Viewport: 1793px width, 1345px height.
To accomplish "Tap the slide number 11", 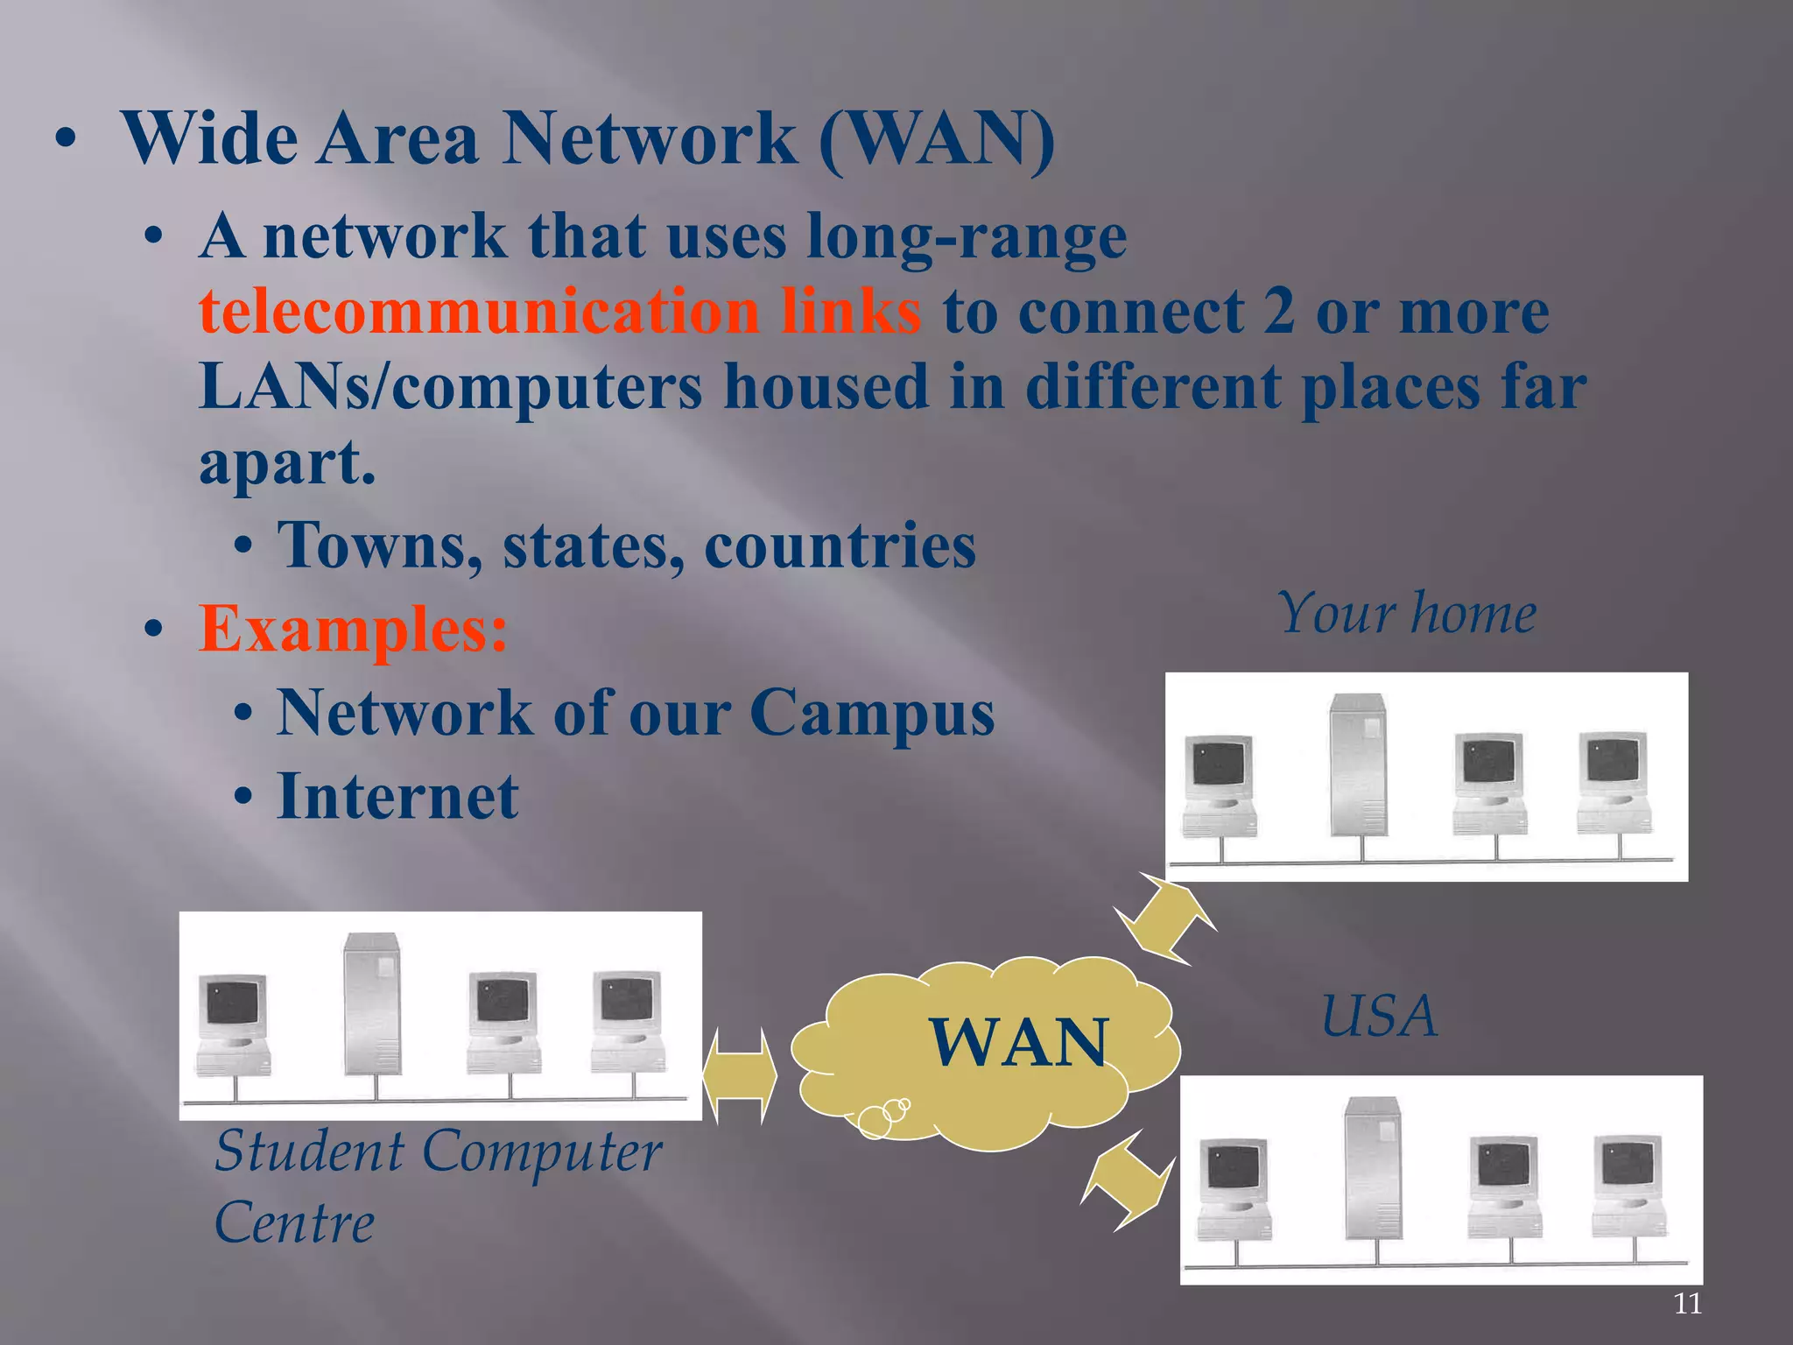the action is tap(1687, 1304).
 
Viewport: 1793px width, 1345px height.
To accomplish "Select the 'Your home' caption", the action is tap(1407, 613).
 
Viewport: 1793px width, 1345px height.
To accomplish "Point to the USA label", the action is tap(1379, 1017).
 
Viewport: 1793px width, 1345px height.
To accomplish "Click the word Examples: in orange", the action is tap(353, 629).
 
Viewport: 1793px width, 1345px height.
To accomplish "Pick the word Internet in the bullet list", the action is tap(397, 797).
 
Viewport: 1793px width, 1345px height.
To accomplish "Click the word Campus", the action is tap(872, 713).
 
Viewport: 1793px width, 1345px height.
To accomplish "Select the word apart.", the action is tap(287, 462).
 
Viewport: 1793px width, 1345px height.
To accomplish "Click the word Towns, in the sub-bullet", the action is tap(379, 546).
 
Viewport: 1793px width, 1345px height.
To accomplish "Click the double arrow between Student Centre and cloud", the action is tap(740, 1076).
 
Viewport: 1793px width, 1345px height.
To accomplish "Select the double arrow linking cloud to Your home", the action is tap(1165, 919).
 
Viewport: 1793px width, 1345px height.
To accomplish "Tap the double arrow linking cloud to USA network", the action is tap(1127, 1179).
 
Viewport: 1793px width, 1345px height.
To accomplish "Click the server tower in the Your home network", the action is tap(1358, 764).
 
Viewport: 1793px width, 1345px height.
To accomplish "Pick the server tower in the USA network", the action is tap(1373, 1168).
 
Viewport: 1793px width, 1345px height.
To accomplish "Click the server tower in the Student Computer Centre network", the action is tap(372, 1003).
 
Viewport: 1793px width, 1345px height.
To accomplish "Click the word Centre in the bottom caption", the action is tap(294, 1223).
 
